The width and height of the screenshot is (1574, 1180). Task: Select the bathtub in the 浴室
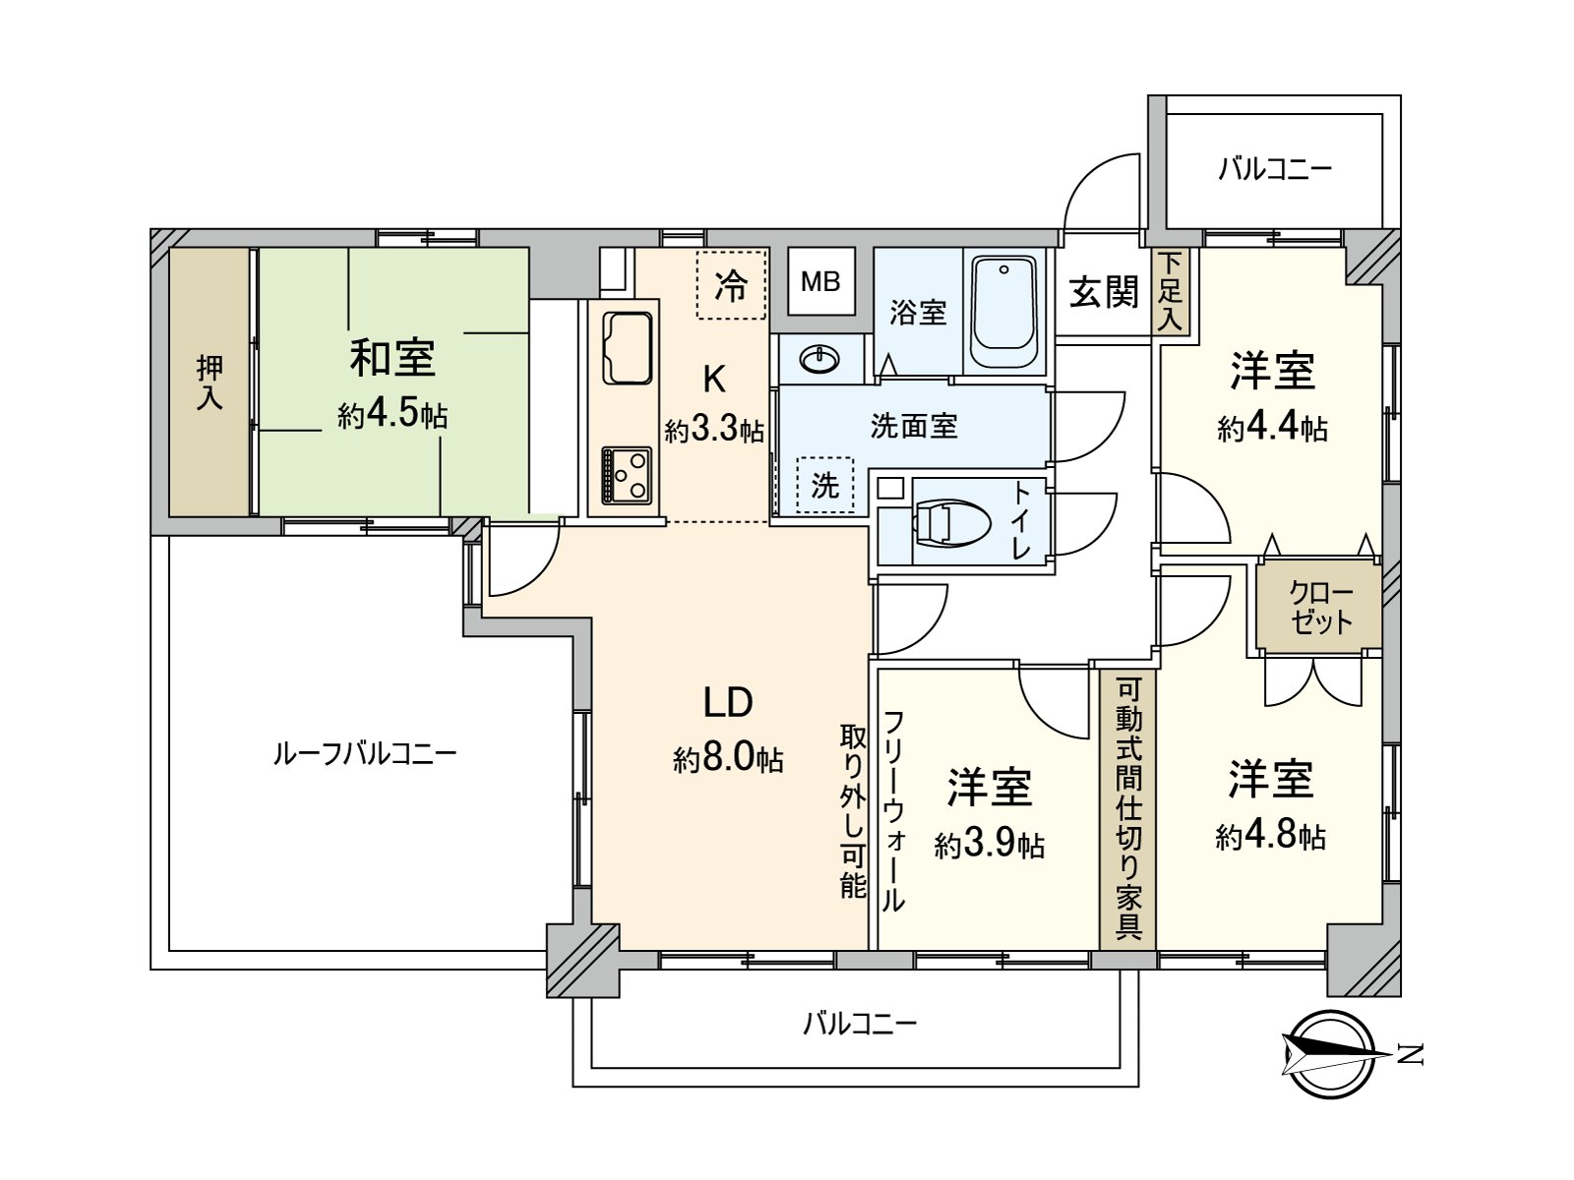click(x=1003, y=311)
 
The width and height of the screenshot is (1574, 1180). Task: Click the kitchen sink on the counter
click(x=626, y=348)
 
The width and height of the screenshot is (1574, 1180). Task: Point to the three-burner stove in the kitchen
click(x=627, y=475)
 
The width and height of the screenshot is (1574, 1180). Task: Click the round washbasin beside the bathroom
click(x=819, y=360)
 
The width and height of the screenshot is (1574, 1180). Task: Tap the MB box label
click(x=820, y=282)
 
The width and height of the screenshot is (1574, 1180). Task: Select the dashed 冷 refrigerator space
click(x=731, y=285)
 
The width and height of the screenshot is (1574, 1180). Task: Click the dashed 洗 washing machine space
click(x=824, y=485)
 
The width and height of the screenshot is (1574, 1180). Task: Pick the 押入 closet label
click(x=210, y=383)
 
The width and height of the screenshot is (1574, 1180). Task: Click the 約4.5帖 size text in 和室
click(x=393, y=416)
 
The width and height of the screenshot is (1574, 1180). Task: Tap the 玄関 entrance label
click(x=1104, y=292)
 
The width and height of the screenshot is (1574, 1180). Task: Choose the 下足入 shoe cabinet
click(x=1170, y=291)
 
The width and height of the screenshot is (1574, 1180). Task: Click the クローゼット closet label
click(x=1320, y=608)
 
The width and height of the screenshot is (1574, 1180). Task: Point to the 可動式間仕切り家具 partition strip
click(x=1128, y=808)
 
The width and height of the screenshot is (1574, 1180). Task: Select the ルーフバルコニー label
click(x=364, y=754)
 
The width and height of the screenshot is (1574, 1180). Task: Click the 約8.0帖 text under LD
click(x=728, y=759)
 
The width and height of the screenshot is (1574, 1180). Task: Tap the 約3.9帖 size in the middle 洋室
click(x=990, y=845)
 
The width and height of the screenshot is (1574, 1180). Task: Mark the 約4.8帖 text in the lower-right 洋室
click(x=1270, y=837)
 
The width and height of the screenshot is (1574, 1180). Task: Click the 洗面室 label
click(x=914, y=426)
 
